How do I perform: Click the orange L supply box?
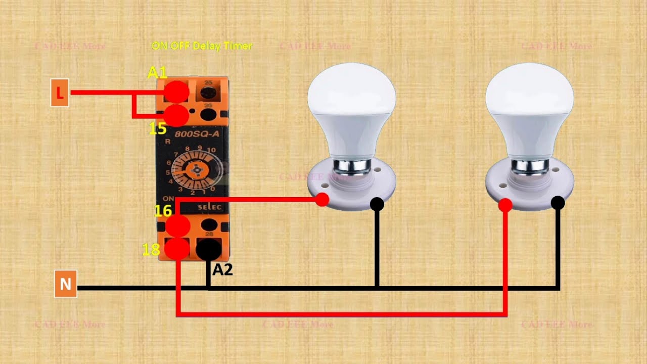60,93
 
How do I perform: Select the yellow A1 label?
157,72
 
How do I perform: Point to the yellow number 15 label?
157,129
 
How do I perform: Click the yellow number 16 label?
163,211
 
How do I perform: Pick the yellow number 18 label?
151,249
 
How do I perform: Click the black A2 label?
222,269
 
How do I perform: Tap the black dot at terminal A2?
208,249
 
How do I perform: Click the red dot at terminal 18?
177,249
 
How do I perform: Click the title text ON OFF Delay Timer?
202,46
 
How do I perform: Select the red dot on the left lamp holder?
322,200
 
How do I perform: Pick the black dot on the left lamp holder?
377,204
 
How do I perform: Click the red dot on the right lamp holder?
505,205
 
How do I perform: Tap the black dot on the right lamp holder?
558,203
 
